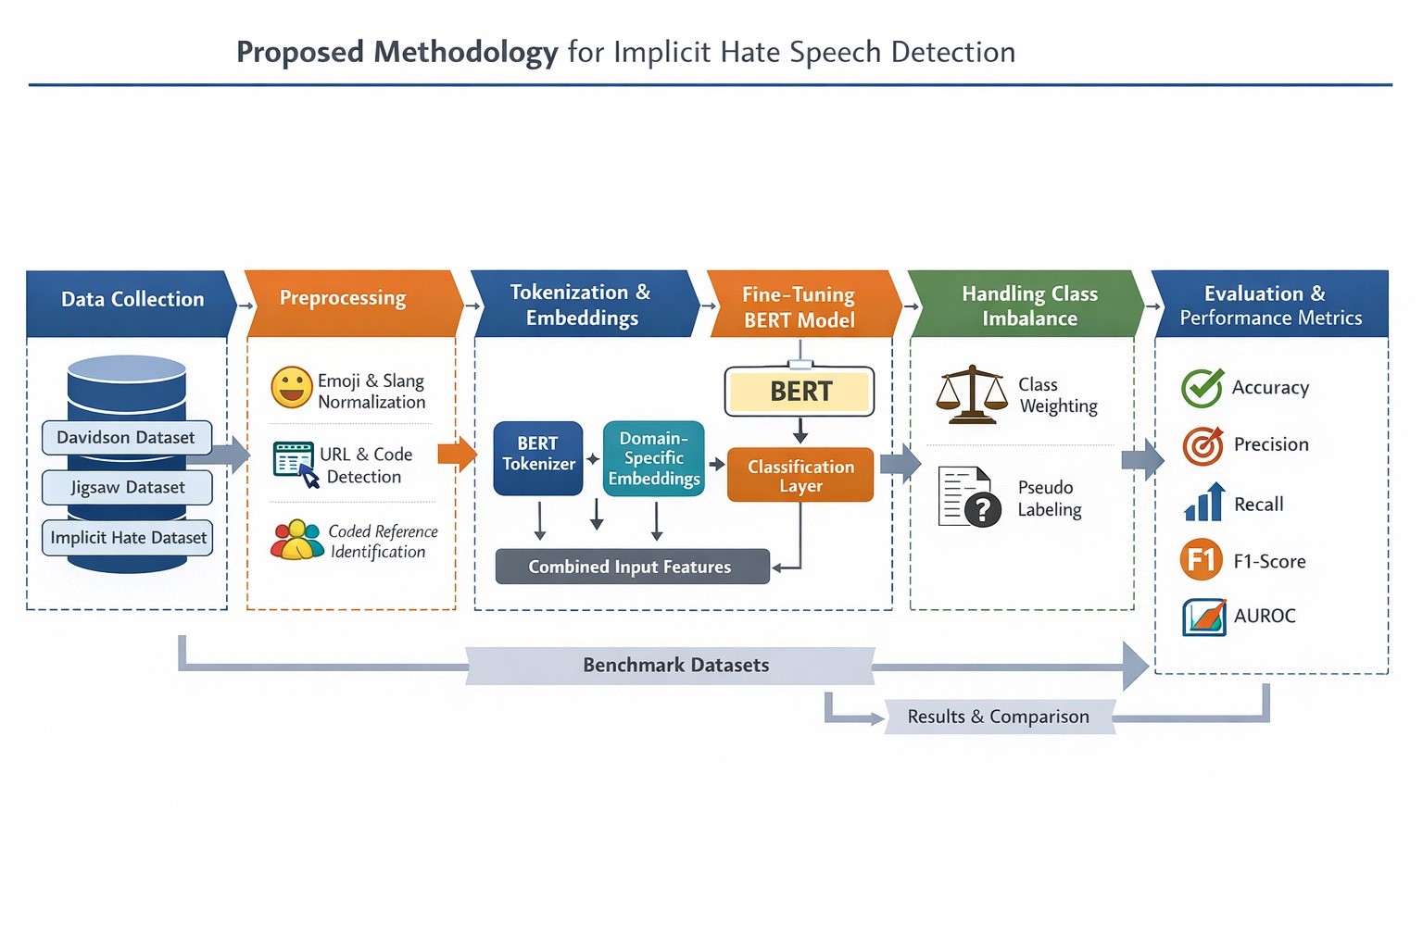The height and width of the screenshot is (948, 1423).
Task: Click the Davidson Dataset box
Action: click(x=127, y=438)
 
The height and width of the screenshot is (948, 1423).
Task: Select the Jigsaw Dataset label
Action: click(x=127, y=488)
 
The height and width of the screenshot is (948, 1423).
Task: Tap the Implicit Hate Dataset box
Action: click(x=127, y=538)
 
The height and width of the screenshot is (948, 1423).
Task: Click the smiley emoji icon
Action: click(x=292, y=388)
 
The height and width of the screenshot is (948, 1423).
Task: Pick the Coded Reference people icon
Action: click(x=296, y=541)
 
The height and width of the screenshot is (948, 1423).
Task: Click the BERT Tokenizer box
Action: click(x=538, y=457)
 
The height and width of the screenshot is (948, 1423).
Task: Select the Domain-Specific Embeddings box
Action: click(x=654, y=458)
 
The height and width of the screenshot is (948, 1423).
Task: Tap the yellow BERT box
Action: click(x=800, y=392)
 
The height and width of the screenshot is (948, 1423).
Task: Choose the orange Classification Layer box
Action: click(x=800, y=475)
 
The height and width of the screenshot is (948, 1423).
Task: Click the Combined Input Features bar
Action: click(x=632, y=567)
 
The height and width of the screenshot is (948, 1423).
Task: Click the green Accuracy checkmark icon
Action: click(x=1203, y=388)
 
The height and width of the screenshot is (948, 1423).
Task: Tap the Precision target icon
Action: click(x=1203, y=446)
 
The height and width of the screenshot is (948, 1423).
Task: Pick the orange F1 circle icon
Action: click(x=1202, y=560)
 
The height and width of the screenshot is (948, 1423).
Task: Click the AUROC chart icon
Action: click(x=1204, y=617)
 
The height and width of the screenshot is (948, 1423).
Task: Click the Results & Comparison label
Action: click(x=999, y=717)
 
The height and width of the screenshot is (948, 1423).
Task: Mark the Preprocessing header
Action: click(x=344, y=299)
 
